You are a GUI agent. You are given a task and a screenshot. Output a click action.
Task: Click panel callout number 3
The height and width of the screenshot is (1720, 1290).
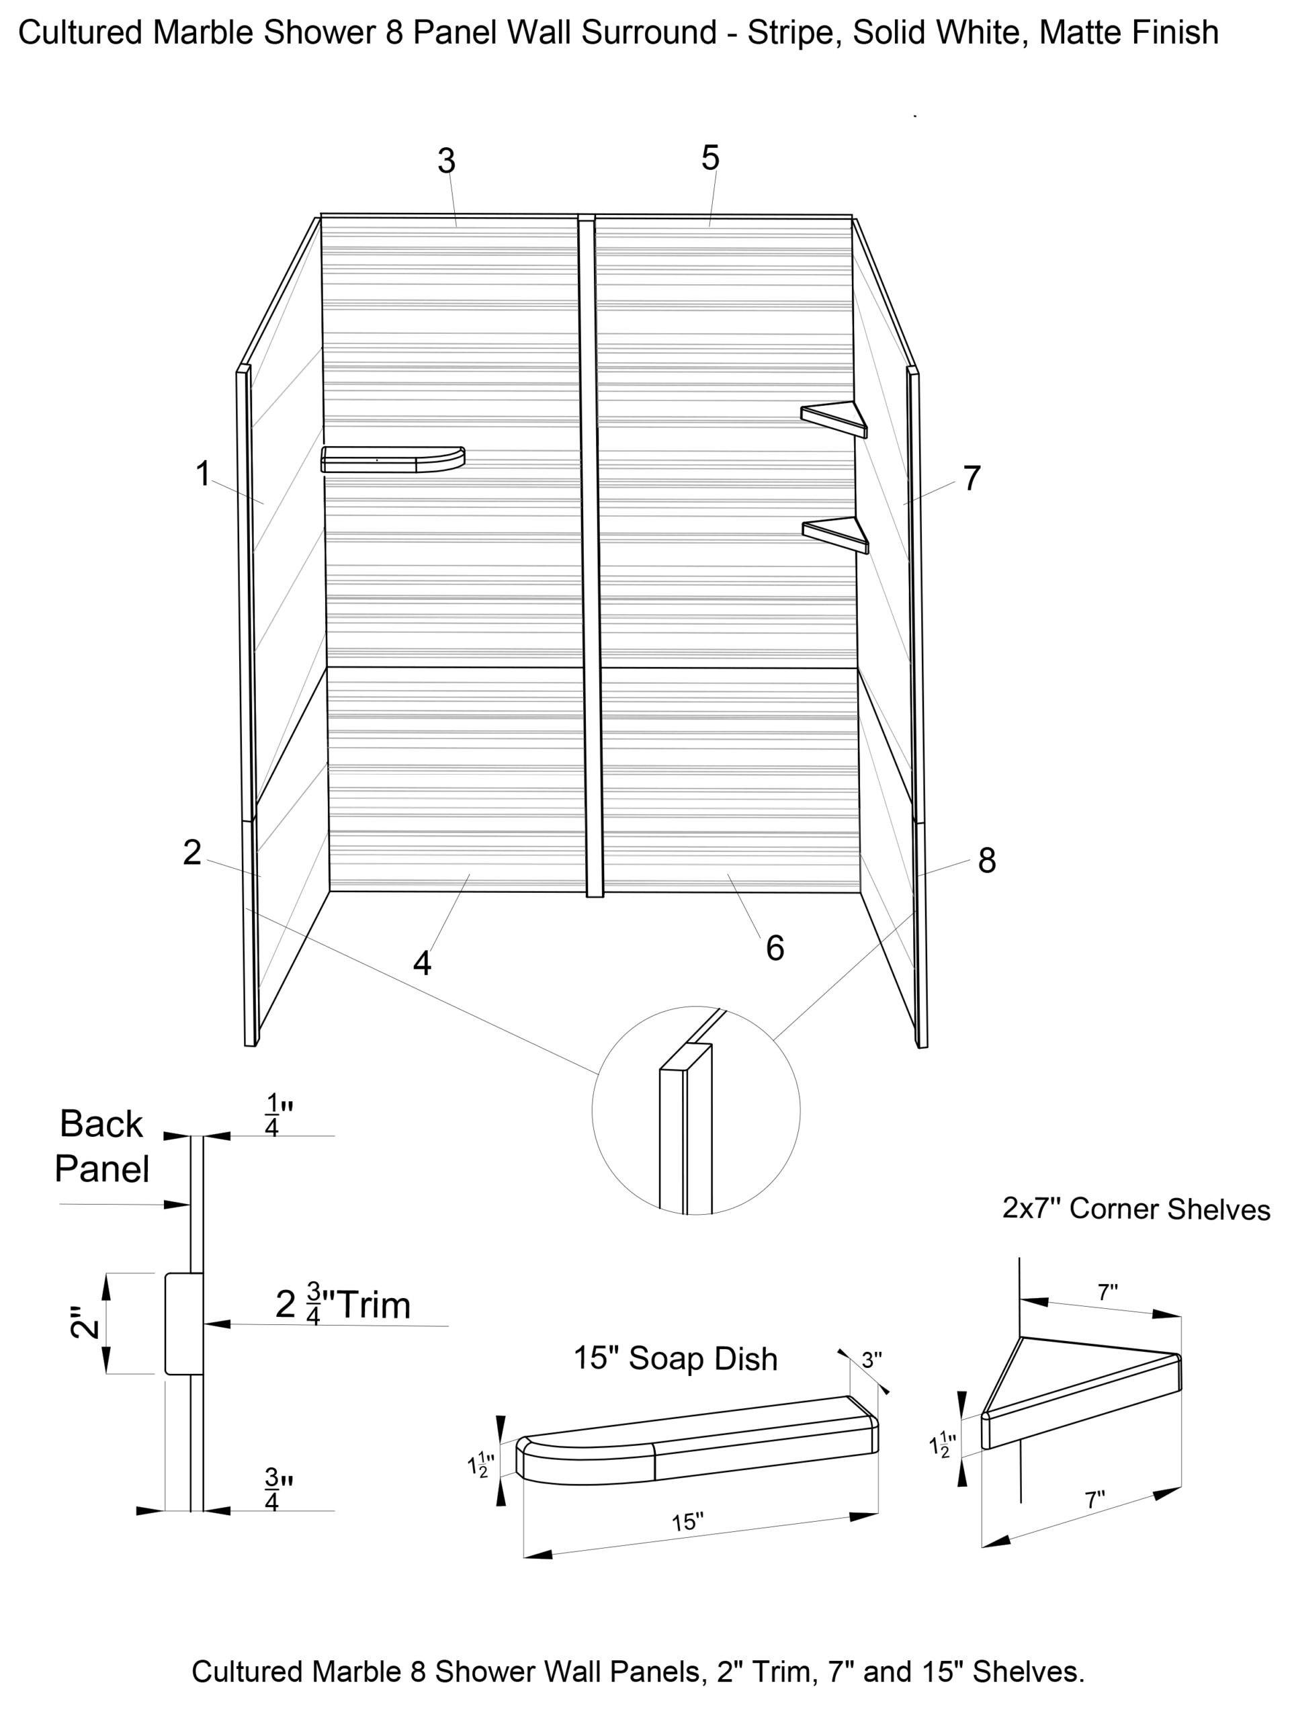coord(445,161)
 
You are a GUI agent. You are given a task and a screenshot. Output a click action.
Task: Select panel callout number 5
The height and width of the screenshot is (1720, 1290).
coord(710,158)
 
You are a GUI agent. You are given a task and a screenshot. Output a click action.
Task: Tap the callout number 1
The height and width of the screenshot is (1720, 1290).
coord(203,474)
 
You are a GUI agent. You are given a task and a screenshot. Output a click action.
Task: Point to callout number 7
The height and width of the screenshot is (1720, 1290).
coord(971,478)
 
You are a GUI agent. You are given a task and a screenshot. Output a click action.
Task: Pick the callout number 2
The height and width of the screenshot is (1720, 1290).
coord(192,852)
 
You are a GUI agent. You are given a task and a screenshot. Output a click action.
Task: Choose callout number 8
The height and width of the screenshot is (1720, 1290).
coord(987,861)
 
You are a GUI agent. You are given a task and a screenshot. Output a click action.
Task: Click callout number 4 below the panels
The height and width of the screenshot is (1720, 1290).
coord(421,963)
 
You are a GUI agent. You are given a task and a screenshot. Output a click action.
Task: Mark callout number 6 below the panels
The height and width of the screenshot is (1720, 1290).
coord(775,948)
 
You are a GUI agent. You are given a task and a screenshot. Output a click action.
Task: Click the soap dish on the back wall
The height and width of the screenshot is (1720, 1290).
coord(392,460)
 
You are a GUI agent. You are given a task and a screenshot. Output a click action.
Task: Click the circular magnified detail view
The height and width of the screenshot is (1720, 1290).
coord(696,1110)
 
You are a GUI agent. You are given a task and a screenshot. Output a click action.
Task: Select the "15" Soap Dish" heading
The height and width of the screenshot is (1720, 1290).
coord(675,1359)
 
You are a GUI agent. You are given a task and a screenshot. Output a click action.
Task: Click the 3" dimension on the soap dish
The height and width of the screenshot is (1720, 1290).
coord(871,1360)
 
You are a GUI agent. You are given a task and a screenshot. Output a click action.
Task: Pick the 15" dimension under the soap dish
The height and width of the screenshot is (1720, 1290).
coord(688,1522)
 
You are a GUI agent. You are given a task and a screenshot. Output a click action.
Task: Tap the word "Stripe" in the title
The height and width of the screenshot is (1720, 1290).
coord(790,33)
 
